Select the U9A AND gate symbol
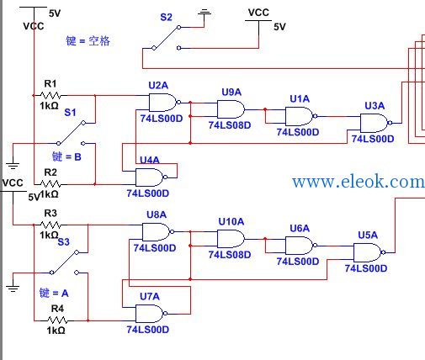point(231,109)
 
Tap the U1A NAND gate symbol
point(300,116)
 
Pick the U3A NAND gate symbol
point(375,123)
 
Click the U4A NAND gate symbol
point(151,177)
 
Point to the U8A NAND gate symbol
point(157,232)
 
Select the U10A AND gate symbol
point(231,239)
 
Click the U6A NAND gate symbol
point(300,246)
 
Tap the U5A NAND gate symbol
point(369,252)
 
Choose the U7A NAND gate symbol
point(151,314)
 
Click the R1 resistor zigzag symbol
point(50,96)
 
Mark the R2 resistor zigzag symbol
point(50,184)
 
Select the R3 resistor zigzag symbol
point(50,225)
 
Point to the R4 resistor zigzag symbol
point(57,320)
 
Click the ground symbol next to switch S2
point(205,13)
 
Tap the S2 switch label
point(166,18)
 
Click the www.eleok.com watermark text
point(359,182)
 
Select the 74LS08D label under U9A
point(230,125)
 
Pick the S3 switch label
point(63,242)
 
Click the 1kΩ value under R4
point(56,331)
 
